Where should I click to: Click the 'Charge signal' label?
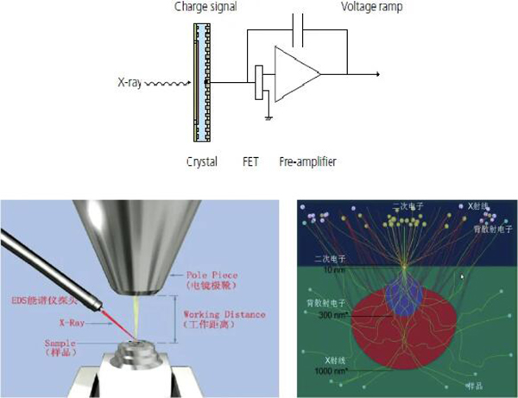pos(205,7)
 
